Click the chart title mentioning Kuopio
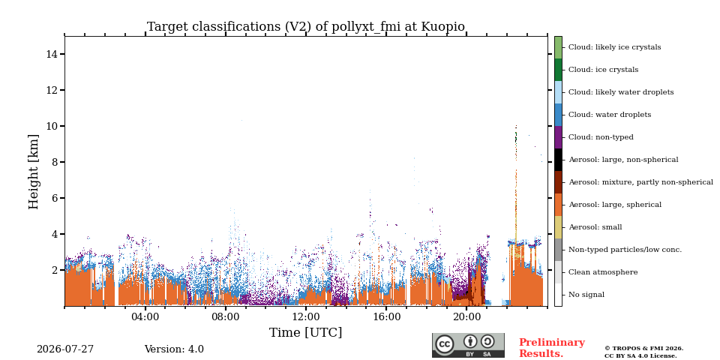coord(306,27)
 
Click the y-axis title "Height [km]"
coord(34,172)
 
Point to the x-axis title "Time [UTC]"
coord(305,332)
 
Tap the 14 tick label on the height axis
coord(52,54)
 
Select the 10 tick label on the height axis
coord(52,126)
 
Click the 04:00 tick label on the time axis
coord(145,316)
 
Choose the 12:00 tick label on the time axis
coord(306,316)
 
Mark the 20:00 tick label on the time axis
coord(466,316)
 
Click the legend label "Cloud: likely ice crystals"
coord(615,47)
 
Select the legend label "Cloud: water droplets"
coord(610,115)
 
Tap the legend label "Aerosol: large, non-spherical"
coord(623,160)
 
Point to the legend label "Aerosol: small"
coord(595,227)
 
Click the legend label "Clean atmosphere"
coord(603,272)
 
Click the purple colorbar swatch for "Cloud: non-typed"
coord(558,137)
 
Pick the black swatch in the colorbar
coord(558,160)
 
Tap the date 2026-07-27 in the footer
coord(65,349)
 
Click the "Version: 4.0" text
coord(174,349)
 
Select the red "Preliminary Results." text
coord(552,348)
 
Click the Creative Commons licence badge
coord(468,345)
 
